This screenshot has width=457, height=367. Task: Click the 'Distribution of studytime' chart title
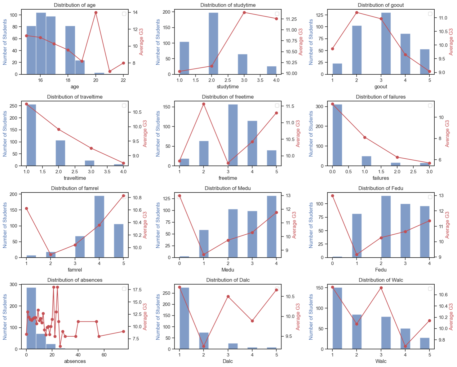[228, 5]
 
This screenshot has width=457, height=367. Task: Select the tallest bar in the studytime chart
[213, 43]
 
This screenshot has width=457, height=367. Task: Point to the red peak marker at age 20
[96, 13]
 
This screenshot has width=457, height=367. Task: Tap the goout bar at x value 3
[386, 43]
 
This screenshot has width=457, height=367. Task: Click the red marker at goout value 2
[357, 13]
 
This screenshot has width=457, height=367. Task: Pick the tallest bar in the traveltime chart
[31, 135]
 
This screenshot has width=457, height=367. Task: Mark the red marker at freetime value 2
[204, 104]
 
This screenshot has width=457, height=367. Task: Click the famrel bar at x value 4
[99, 227]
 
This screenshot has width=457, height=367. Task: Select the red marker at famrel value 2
[51, 255]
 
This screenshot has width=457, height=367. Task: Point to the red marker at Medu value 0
[180, 196]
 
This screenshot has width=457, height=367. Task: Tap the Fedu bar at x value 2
[386, 227]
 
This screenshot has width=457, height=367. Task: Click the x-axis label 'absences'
[75, 361]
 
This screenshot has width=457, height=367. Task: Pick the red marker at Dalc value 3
[228, 297]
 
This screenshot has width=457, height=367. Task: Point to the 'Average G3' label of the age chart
[141, 42]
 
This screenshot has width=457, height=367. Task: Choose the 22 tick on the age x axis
[123, 80]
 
